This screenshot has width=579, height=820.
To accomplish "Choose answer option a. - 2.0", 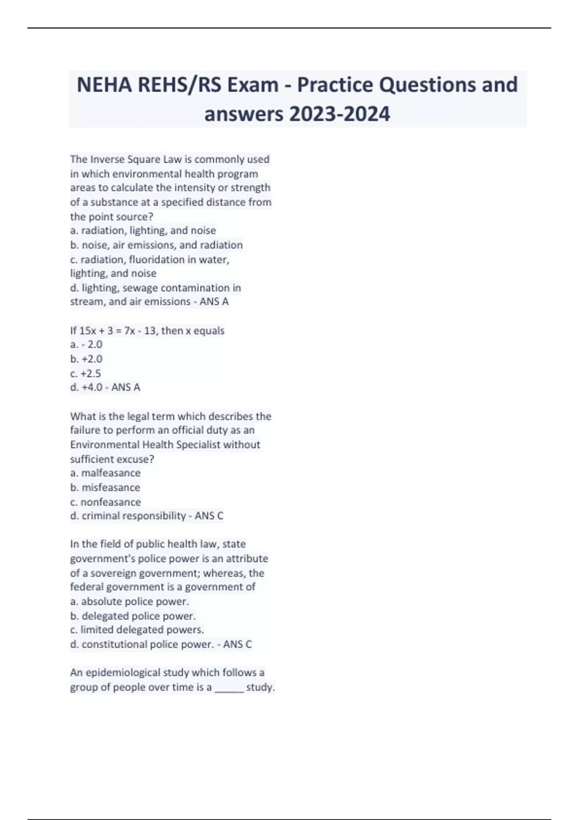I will click(x=86, y=344).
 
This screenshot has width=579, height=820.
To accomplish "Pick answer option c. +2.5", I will click(x=85, y=373).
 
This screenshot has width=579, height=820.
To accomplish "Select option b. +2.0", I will click(x=86, y=359).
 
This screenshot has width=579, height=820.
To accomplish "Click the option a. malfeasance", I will click(x=106, y=473).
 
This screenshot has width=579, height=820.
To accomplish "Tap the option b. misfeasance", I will click(x=105, y=487).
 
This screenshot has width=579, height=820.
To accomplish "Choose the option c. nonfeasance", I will click(x=106, y=502).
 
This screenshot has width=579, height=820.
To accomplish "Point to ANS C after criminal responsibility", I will click(x=209, y=516).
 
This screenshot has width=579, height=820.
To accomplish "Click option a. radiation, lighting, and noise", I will click(x=143, y=231).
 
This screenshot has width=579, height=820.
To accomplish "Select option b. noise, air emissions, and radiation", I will click(x=156, y=245).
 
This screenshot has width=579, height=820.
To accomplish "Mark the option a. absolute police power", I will click(x=130, y=601).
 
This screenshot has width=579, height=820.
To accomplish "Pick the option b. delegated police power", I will click(x=133, y=616).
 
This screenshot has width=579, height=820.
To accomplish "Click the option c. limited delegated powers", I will click(x=138, y=630).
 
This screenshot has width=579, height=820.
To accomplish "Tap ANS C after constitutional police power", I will click(x=237, y=644).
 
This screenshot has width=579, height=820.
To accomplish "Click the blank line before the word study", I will click(x=229, y=688).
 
